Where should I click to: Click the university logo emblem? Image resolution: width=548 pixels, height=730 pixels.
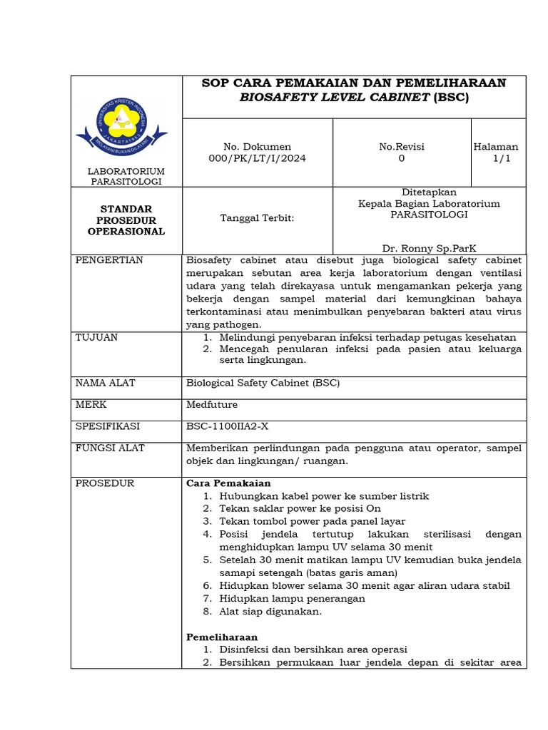(122, 123)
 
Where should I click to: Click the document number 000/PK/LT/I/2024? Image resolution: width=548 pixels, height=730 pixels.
(258, 158)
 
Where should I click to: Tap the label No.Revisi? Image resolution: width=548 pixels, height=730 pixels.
(402, 146)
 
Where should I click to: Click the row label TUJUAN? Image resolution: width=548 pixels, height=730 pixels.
(97, 337)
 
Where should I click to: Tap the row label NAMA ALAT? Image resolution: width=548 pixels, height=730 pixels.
(106, 383)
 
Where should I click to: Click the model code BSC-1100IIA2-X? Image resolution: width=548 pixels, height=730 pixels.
(227, 426)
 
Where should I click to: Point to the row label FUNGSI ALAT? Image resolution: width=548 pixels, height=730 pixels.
(110, 448)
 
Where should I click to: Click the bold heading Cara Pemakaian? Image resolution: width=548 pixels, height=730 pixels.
(228, 483)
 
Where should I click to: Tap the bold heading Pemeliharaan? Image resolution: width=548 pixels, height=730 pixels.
(222, 637)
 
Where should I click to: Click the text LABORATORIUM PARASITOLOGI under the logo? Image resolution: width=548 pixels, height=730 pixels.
(126, 176)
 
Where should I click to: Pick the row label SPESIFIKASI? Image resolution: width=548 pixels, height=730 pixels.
(108, 426)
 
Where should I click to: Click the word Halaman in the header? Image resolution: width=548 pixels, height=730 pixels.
(496, 146)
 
